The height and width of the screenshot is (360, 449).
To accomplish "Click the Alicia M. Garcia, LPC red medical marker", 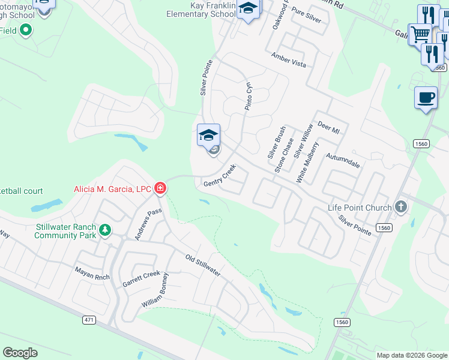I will pyautogui.click(x=160, y=189).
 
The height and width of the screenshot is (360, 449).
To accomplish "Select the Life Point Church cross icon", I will pyautogui.click(x=402, y=208).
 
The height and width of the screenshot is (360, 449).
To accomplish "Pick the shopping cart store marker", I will pyautogui.click(x=420, y=34).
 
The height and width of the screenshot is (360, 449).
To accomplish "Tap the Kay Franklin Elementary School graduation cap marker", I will pyautogui.click(x=248, y=9).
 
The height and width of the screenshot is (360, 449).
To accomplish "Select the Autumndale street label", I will pyautogui.click(x=343, y=163).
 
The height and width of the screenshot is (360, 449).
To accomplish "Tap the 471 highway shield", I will pyautogui.click(x=89, y=320).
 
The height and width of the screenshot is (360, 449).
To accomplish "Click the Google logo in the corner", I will pyautogui.click(x=20, y=353).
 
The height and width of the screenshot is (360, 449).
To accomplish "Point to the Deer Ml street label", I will pyautogui.click(x=328, y=128).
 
